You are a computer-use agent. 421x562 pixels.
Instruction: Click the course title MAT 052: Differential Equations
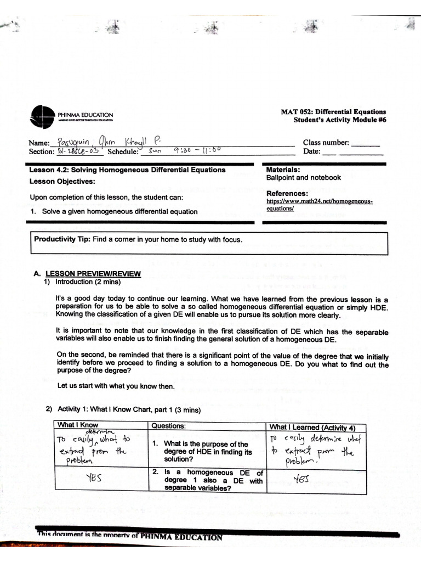pyautogui.click(x=333, y=111)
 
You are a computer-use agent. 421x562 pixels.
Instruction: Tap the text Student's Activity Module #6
pyautogui.click(x=339, y=120)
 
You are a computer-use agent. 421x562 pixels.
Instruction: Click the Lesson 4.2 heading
pyautogui.click(x=127, y=170)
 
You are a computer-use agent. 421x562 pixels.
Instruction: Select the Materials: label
pyautogui.click(x=282, y=170)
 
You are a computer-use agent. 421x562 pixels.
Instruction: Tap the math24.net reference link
pyautogui.click(x=319, y=205)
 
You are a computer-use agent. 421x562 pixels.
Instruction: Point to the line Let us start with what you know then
pyautogui.click(x=116, y=386)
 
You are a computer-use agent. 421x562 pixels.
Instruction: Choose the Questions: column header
pyautogui.click(x=169, y=426)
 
